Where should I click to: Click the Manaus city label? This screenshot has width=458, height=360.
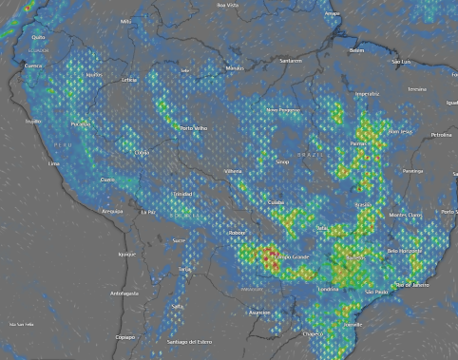(235, 68)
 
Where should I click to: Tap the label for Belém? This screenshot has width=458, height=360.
(357, 50)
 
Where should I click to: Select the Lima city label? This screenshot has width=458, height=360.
(54, 163)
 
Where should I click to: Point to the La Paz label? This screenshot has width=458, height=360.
(147, 212)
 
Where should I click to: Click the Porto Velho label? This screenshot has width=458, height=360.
(193, 128)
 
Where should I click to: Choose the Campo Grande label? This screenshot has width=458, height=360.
(290, 256)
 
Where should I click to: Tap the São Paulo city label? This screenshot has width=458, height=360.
(377, 292)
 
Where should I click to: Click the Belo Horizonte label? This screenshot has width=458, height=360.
(405, 250)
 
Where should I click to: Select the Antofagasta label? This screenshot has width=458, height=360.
(124, 294)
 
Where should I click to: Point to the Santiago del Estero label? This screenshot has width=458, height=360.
(187, 341)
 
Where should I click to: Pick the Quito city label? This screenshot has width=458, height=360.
(38, 38)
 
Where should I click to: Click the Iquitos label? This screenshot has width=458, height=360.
(94, 74)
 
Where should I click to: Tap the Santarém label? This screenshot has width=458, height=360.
(291, 61)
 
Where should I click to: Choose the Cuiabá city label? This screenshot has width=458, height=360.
(276, 202)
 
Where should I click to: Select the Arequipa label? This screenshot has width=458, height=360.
(112, 211)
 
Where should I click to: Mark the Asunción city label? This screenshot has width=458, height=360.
(259, 312)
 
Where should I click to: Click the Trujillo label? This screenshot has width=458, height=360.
(32, 121)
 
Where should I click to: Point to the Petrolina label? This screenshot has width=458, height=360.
(441, 135)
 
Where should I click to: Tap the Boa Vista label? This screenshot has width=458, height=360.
(227, 5)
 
